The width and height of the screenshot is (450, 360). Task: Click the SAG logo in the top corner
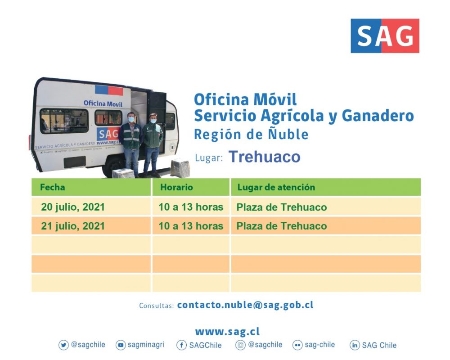pos(385,36)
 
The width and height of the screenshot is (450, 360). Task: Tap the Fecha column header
pos(53,187)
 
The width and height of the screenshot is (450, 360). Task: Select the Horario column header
pos(176,187)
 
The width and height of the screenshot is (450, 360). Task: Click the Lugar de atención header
pos(276,187)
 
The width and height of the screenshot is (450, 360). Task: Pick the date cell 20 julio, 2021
pos(73,207)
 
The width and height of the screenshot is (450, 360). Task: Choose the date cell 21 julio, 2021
pos(73,226)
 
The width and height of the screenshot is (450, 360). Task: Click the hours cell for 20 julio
pos(191,207)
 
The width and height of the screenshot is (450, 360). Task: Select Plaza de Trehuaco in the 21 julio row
pos(282,226)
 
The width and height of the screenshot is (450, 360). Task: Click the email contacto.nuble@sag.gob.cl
pos(245,305)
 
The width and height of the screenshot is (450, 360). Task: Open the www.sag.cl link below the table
pos(227,332)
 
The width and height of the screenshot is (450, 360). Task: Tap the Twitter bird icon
pos(63,345)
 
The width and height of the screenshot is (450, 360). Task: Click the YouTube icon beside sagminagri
pos(121,345)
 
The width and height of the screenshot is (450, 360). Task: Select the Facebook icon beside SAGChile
pos(181,345)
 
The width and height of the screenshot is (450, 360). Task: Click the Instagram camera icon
pos(240,345)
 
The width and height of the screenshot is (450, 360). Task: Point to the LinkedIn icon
pos(355,345)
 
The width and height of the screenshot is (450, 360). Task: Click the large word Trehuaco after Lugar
pos(264,157)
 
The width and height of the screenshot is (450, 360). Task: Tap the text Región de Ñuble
pos(251,134)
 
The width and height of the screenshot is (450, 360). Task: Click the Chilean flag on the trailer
pos(109,90)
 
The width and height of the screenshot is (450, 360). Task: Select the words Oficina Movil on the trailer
pos(103,103)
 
